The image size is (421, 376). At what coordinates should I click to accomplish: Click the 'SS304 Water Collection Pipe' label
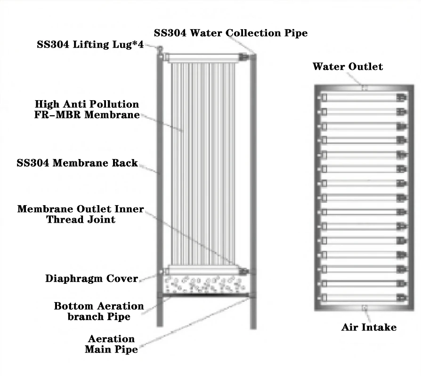click(x=231, y=33)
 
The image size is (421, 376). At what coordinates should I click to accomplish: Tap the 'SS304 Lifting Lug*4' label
click(x=91, y=46)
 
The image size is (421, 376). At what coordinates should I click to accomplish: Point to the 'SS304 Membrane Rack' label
click(x=77, y=163)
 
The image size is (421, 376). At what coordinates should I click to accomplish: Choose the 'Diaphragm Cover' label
click(x=91, y=278)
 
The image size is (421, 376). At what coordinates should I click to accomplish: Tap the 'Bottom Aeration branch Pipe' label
click(x=98, y=312)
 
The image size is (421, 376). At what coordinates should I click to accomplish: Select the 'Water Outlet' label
click(x=348, y=67)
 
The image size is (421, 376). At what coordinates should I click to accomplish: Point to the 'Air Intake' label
click(x=369, y=328)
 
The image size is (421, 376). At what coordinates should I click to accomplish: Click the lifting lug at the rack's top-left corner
click(x=160, y=48)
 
